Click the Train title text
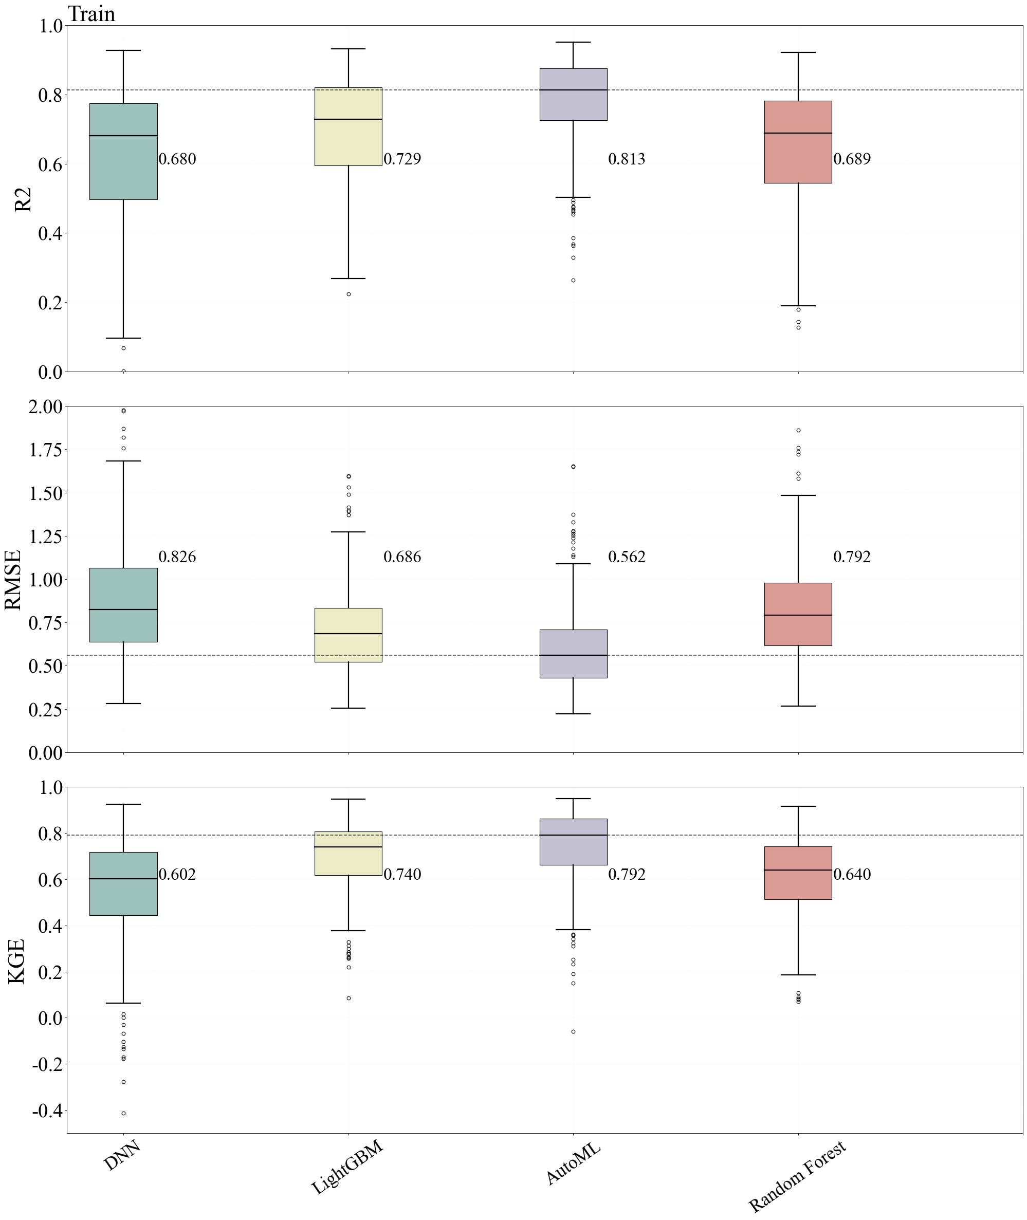click(91, 14)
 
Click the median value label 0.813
click(627, 159)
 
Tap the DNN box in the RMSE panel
click(123, 605)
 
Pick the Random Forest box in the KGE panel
click(798, 873)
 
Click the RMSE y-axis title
click(14, 580)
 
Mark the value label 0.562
click(627, 557)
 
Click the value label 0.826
click(177, 557)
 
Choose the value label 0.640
click(852, 874)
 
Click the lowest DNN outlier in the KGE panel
click(123, 1114)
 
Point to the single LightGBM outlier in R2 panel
click(349, 294)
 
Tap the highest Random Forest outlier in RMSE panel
click(798, 431)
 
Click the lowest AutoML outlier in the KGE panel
click(574, 1031)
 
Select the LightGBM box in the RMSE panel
click(348, 635)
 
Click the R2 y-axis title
click(23, 199)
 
